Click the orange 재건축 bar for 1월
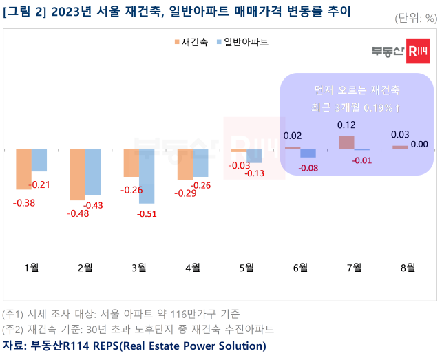(x=23, y=169)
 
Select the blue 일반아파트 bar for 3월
(x=147, y=176)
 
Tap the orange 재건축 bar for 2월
(x=77, y=174)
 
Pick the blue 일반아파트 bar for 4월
(x=200, y=162)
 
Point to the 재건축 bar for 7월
(x=346, y=142)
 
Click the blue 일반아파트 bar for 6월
(x=308, y=153)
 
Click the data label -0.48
(x=77, y=213)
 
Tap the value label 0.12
(x=346, y=125)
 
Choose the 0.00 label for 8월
(x=419, y=144)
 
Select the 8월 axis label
(x=408, y=268)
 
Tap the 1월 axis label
(x=31, y=268)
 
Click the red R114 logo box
(x=419, y=51)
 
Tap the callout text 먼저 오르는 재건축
(x=357, y=91)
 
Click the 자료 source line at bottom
(x=134, y=345)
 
